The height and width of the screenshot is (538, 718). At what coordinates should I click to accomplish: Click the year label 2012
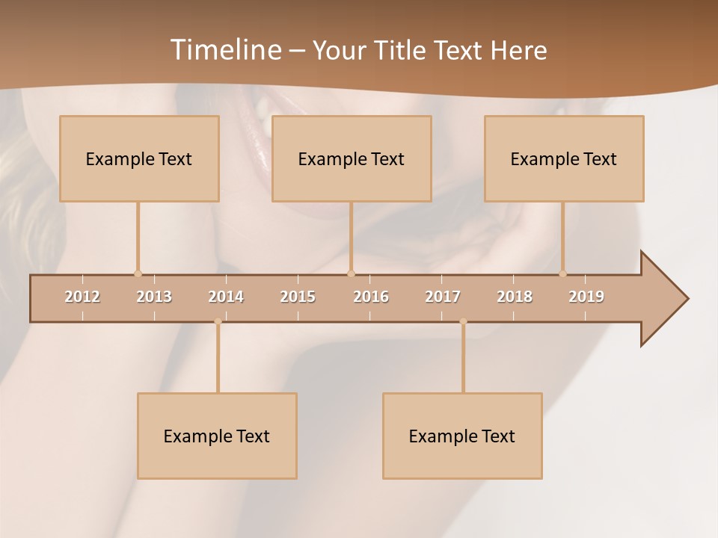coord(82,297)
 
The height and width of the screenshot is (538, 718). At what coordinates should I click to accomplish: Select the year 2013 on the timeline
coord(154,297)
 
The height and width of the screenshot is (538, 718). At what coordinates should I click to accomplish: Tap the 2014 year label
coord(226,297)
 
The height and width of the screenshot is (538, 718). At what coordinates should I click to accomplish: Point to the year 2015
coord(298,297)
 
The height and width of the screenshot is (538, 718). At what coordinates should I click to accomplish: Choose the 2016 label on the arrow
coord(371,297)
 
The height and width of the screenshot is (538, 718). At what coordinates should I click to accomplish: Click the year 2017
coord(443,297)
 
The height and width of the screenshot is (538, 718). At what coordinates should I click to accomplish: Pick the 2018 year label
coord(515,297)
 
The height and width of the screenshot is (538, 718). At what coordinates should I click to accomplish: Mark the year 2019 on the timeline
coord(586,297)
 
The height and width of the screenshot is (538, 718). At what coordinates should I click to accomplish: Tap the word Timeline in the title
coord(224,50)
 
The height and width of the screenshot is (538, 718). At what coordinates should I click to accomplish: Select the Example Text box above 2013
coord(139,158)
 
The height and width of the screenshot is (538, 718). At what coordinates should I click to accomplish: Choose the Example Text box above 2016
coord(352,158)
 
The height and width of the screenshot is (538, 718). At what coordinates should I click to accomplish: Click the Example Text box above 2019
coord(564,158)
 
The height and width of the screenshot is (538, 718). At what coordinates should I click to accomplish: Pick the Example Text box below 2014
coord(217,436)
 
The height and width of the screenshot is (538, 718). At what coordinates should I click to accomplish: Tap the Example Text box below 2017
coord(462,436)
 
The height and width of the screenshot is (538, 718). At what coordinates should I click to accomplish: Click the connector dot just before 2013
coord(138,273)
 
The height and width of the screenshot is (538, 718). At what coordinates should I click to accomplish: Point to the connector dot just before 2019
coord(563,273)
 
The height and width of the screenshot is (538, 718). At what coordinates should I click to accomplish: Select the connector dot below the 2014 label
coord(218,321)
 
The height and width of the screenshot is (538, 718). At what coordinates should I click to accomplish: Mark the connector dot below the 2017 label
coord(463,321)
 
